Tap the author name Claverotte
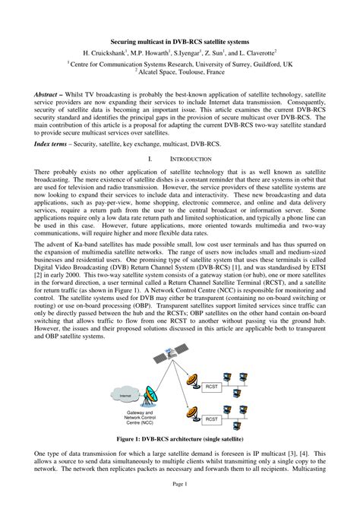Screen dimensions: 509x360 (x=257, y=53)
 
